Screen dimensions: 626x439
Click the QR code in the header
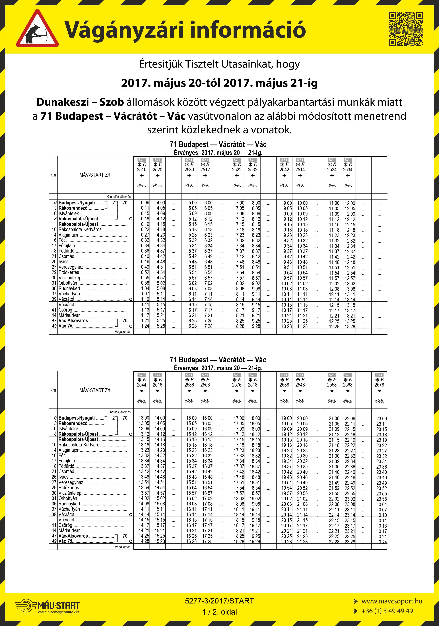[x=405, y=29]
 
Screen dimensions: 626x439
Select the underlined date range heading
[x=219, y=83]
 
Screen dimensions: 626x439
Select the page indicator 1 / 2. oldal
[x=219, y=612]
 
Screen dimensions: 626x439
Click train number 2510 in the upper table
[x=142, y=170]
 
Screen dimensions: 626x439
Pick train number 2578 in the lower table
[x=379, y=385]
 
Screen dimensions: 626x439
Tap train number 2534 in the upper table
[x=347, y=170]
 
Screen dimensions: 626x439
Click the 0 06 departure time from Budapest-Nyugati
[x=145, y=203]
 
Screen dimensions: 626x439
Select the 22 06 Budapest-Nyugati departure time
[x=350, y=418]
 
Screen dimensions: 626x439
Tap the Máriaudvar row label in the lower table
[x=69, y=531]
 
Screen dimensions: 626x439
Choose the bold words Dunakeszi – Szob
[x=80, y=102]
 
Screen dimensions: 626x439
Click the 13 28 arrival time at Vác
[x=350, y=327]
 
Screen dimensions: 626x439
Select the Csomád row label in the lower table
[x=66, y=472]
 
